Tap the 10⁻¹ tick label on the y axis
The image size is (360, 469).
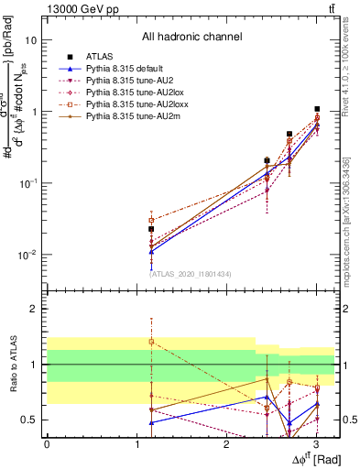(x=29, y=183)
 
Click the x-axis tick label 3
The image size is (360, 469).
(x=315, y=444)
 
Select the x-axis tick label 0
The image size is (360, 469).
(x=47, y=444)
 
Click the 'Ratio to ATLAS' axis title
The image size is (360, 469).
(x=11, y=364)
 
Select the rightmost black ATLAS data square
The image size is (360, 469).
(x=317, y=109)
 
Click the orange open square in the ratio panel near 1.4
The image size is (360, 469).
(x=151, y=342)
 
